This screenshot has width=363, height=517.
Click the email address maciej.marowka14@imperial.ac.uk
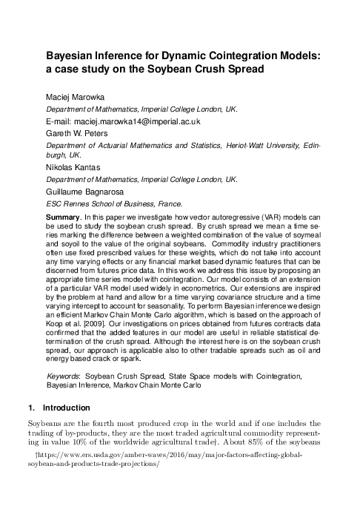tap(119, 121)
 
